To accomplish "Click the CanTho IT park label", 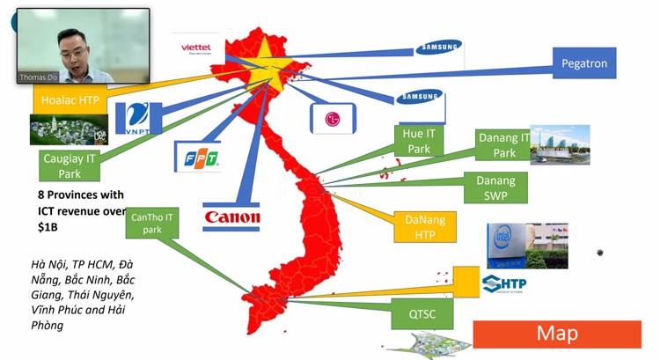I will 152,223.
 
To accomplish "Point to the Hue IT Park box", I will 420,141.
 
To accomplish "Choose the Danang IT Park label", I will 504,145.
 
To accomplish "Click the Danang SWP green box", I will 495,187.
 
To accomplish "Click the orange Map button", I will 557,334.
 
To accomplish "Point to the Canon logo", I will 231,217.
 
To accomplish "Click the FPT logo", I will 197,158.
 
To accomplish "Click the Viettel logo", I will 199,46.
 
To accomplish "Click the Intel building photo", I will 527,245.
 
